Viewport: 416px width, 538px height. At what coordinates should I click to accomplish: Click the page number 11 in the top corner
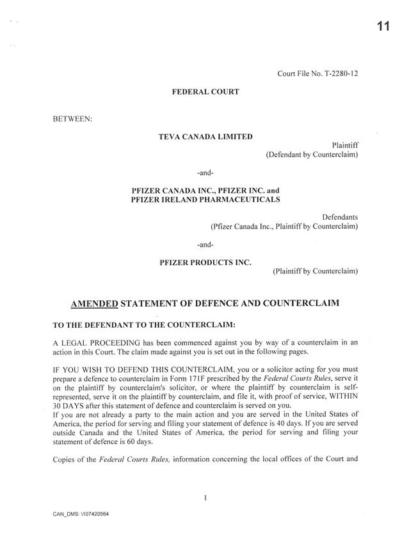point(383,26)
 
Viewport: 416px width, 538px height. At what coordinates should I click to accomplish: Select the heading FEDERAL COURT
point(205,92)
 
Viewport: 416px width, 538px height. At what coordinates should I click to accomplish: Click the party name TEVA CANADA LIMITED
point(205,137)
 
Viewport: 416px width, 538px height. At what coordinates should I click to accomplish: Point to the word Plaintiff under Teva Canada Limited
point(345,146)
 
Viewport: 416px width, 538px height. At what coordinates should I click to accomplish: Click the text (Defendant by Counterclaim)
point(312,155)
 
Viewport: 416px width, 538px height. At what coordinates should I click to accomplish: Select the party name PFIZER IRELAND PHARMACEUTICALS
point(205,200)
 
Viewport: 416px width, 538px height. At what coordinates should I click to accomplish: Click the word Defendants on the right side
point(340,217)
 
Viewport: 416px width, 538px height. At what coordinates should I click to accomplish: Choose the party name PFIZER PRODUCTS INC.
point(205,262)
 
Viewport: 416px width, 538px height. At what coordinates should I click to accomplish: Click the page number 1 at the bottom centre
point(205,498)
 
